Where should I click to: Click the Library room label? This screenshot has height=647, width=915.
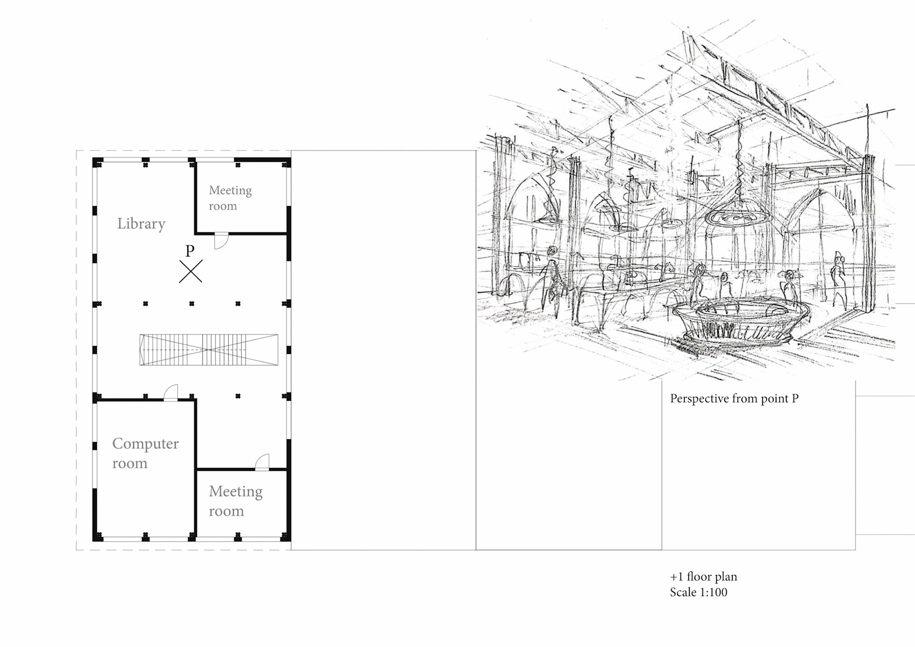pos(141,223)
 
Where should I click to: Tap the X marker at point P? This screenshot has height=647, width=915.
pos(191,271)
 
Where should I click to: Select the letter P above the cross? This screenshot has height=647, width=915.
pos(190,251)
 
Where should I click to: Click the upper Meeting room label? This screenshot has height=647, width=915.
pos(230,198)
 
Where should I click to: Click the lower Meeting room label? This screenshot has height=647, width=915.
pos(235,501)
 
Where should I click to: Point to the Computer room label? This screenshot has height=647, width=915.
pos(145,453)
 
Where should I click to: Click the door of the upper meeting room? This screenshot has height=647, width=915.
pos(221,241)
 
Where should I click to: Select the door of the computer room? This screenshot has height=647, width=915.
pos(171,393)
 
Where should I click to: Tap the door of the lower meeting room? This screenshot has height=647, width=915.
pos(262,462)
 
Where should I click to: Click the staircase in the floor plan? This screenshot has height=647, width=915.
pos(209,350)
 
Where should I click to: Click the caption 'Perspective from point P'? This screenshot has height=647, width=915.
pos(734,399)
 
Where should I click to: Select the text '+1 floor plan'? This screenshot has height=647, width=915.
pos(703,576)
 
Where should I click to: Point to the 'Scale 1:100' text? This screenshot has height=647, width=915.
pos(699,592)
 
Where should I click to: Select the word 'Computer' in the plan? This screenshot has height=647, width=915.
pos(145,444)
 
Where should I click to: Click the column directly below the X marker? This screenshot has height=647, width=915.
pos(192,303)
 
